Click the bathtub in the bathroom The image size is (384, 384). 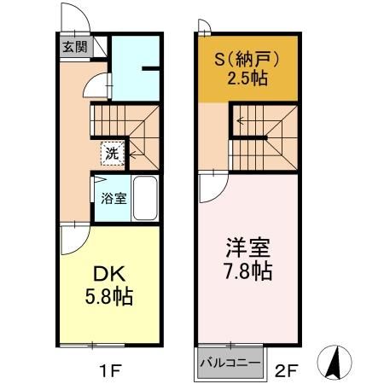145,198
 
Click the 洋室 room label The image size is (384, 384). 247,250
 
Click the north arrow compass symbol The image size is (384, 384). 335,364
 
